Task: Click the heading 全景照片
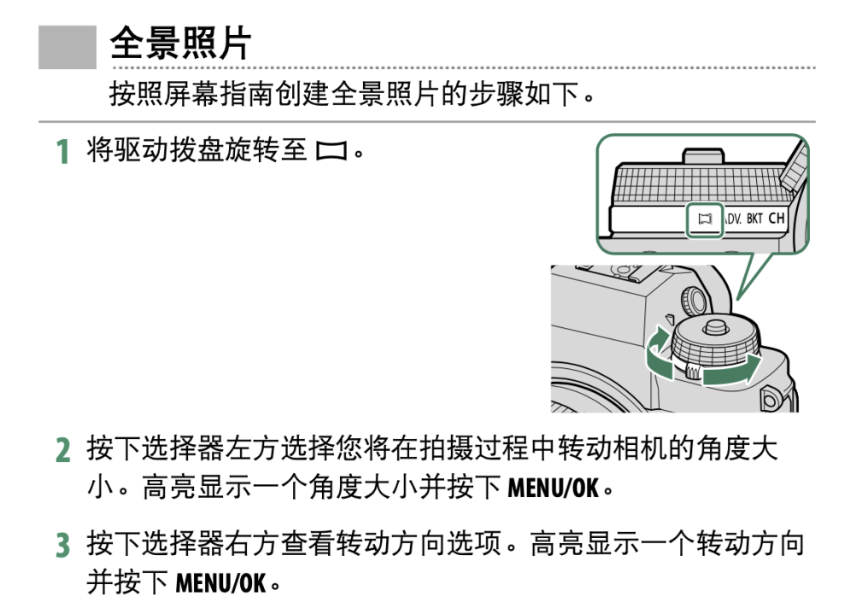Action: pyautogui.click(x=180, y=44)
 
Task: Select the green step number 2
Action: pyautogui.click(x=62, y=450)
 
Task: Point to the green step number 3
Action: pyautogui.click(x=62, y=545)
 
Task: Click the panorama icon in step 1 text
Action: pyautogui.click(x=331, y=153)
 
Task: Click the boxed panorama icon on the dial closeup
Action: pyautogui.click(x=705, y=219)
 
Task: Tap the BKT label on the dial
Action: pyautogui.click(x=754, y=219)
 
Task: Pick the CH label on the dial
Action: pyautogui.click(x=776, y=219)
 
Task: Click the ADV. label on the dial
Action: pyautogui.click(x=731, y=219)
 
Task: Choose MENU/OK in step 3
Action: pyautogui.click(x=220, y=584)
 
